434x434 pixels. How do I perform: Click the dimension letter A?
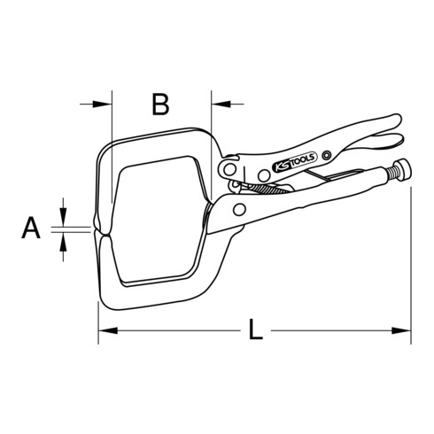tap(31, 229)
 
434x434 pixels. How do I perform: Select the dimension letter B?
tap(159, 105)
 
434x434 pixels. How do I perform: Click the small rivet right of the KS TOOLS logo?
tap(327, 156)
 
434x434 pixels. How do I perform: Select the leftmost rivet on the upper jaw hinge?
tap(229, 167)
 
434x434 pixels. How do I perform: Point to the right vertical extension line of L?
tap(411, 266)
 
